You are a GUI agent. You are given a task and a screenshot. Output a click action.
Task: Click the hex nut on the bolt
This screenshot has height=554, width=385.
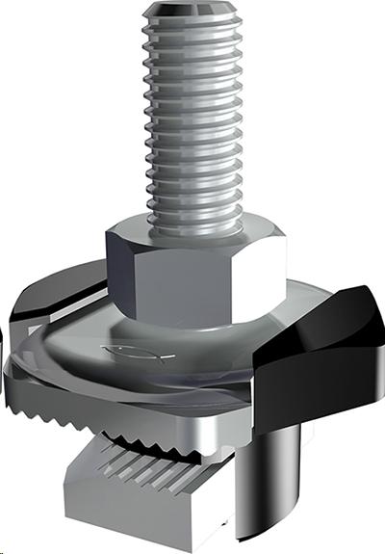pos(195,271)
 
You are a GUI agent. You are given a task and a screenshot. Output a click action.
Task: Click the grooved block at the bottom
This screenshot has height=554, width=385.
pos(164,491)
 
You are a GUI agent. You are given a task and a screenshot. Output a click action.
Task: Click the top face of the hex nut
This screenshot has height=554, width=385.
pos(197,229)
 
